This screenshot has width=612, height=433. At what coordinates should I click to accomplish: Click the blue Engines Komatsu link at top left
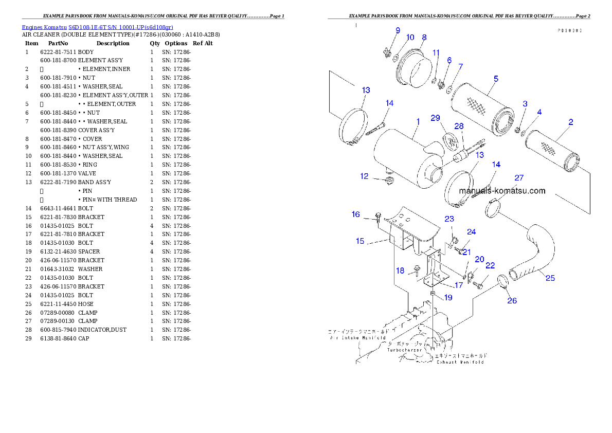coord(97,27)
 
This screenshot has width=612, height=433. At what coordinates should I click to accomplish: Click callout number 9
coord(397,31)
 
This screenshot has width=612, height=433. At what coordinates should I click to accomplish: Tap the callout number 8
coord(424,37)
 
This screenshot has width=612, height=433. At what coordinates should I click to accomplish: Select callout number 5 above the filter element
coord(496,79)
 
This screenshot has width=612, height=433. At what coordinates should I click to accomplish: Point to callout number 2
coord(571,122)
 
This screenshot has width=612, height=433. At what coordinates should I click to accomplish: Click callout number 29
coord(436,118)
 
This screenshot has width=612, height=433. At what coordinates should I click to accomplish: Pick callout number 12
coord(364,176)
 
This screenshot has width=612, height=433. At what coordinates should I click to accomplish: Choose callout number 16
coord(356,214)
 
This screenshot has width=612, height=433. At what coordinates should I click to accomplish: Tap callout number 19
coord(448,297)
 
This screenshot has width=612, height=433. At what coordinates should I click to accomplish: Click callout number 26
coord(512,301)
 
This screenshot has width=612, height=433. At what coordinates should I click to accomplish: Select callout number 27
coord(519,178)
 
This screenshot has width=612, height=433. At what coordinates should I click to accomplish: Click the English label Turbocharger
coord(405,350)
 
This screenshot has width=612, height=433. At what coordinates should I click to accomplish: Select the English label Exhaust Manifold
coord(460,362)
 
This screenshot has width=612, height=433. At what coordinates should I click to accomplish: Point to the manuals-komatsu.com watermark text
coord(502,191)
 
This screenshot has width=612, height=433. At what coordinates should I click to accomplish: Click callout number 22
coord(490,265)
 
